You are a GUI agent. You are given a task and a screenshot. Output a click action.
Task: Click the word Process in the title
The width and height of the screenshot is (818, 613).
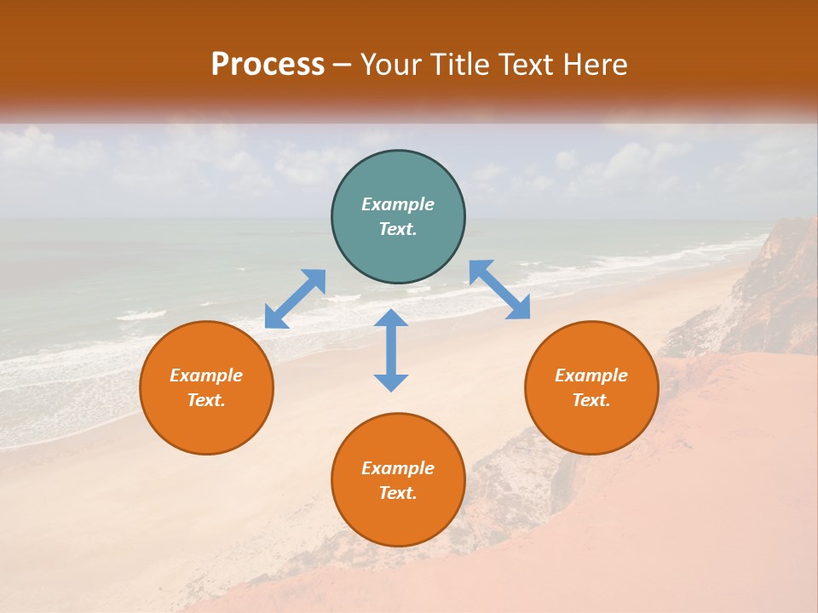[x=268, y=65]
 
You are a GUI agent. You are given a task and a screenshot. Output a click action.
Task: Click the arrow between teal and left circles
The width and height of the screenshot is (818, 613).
[x=295, y=299]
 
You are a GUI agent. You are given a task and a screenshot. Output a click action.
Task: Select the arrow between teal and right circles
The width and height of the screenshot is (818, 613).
[x=499, y=289]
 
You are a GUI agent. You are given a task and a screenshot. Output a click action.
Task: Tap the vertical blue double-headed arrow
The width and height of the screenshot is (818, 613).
[x=391, y=350]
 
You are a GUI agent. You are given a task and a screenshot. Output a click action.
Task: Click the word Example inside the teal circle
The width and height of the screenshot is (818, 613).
[x=398, y=204]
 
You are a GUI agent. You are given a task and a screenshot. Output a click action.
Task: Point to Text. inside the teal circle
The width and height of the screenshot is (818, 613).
[x=398, y=229]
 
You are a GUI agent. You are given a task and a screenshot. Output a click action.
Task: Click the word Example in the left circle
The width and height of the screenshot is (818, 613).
[x=206, y=375]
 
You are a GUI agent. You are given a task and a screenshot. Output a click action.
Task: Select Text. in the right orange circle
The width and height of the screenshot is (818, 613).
[x=591, y=400]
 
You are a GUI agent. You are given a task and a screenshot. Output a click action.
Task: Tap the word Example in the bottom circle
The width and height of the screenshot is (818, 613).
[x=398, y=468]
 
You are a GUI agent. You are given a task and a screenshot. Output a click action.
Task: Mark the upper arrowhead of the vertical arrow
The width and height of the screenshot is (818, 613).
[x=391, y=318]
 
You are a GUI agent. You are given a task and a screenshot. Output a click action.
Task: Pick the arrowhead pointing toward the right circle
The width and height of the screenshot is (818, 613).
[x=519, y=307]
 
